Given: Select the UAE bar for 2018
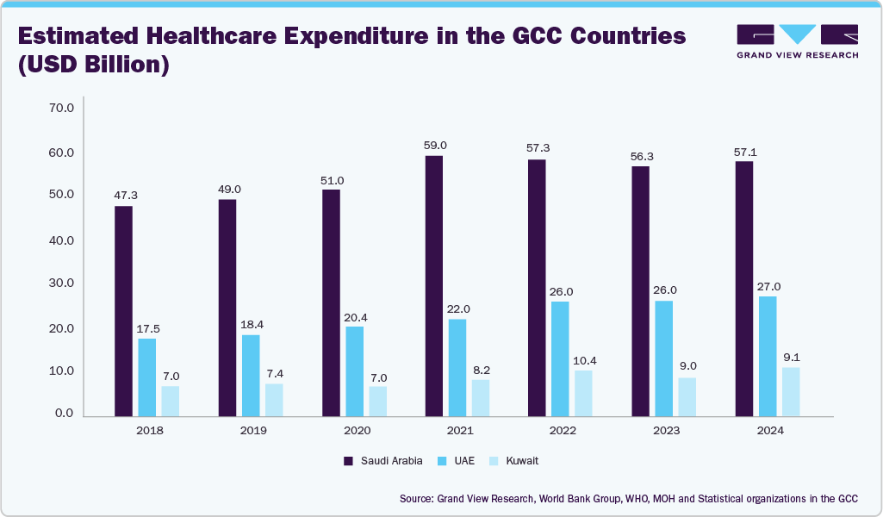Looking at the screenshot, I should pyautogui.click(x=147, y=377).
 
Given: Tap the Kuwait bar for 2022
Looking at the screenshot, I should pyautogui.click(x=583, y=393).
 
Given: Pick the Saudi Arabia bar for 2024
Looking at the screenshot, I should pyautogui.click(x=743, y=289).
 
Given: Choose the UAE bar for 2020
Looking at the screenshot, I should pyautogui.click(x=354, y=371).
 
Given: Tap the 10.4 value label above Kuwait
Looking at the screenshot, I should pyautogui.click(x=583, y=360).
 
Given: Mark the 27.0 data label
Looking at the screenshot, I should pyautogui.click(x=768, y=286).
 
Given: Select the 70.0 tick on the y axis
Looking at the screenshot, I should pyautogui.click(x=62, y=109).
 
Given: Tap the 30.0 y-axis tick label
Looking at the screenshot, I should pyautogui.click(x=62, y=283).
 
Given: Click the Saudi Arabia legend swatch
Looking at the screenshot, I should pyautogui.click(x=349, y=461).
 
